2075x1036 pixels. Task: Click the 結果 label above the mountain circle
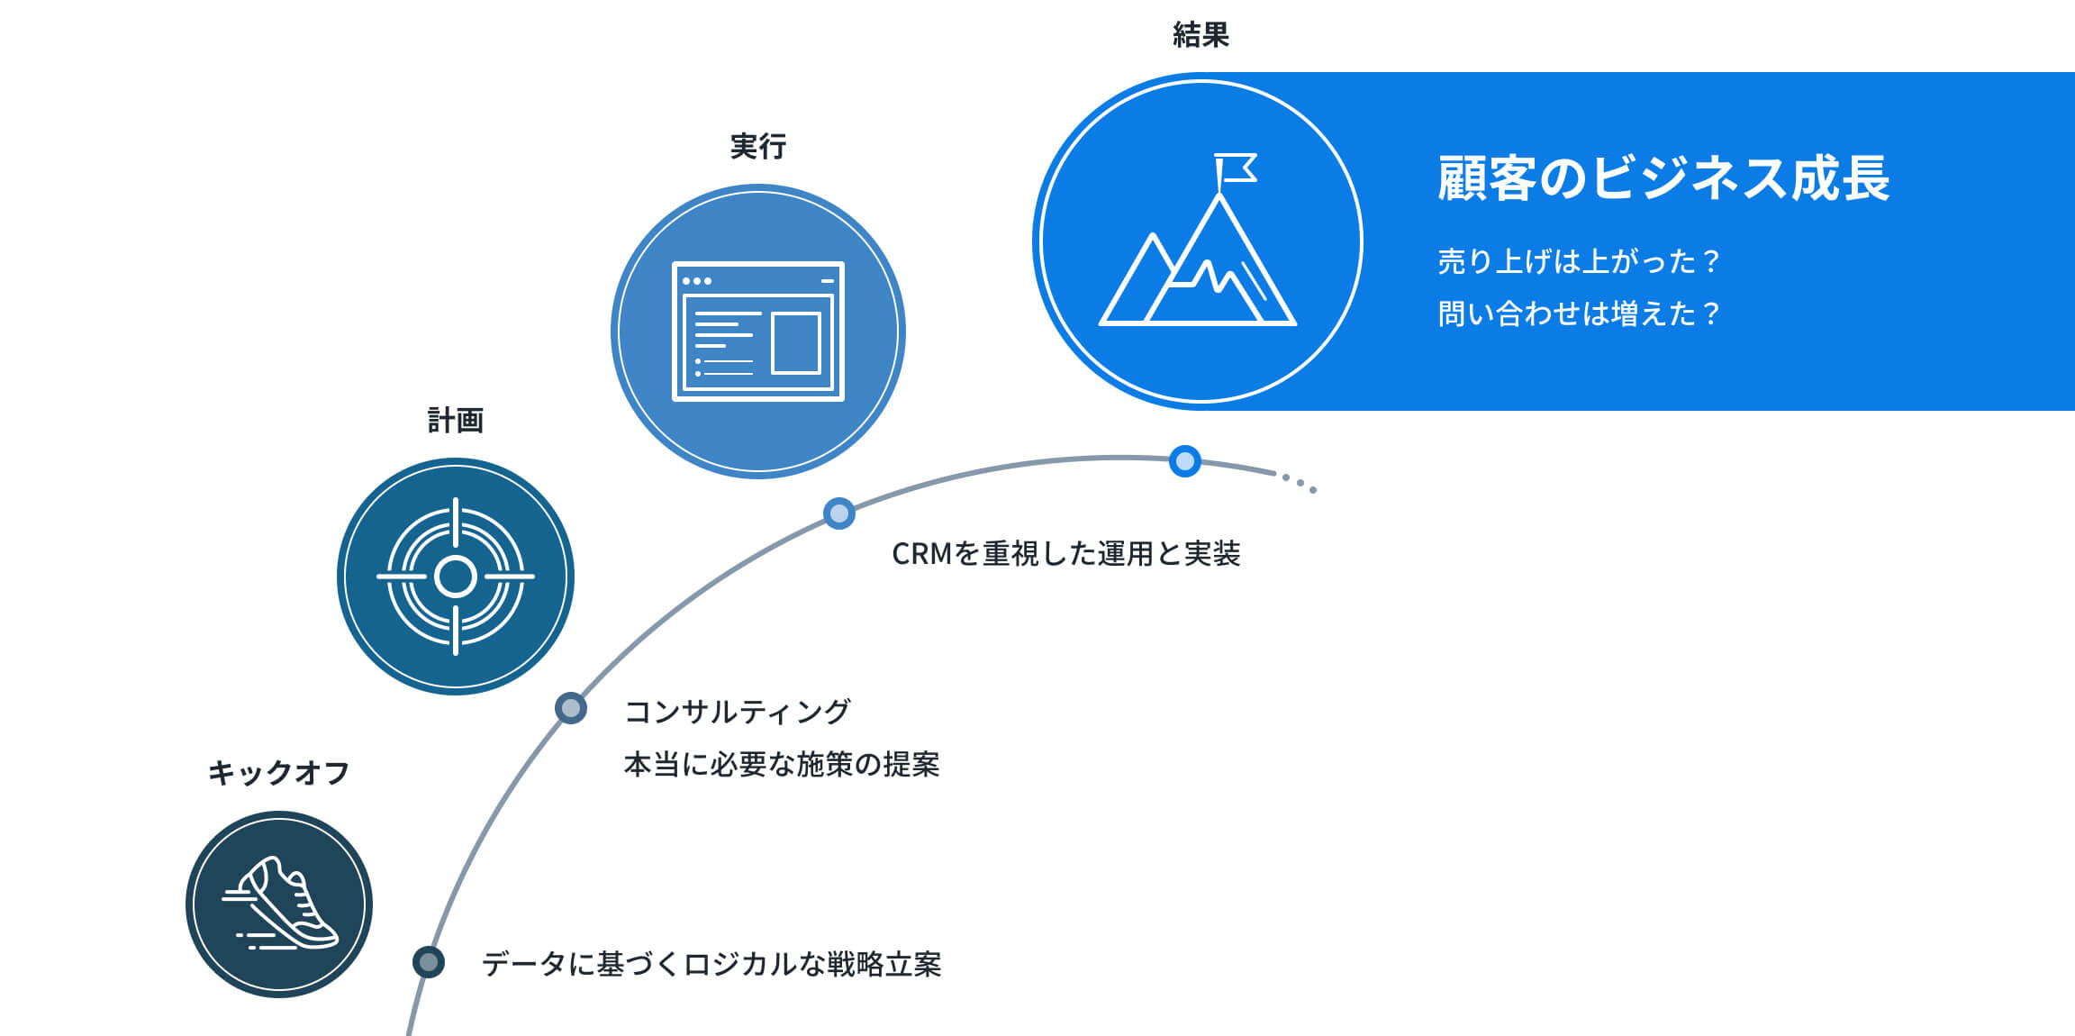point(1201,35)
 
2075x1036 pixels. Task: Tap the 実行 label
point(758,146)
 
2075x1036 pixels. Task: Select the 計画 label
point(456,420)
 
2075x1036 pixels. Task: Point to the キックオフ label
point(278,773)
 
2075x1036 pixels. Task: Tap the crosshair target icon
point(456,577)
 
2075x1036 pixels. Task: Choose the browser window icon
point(758,331)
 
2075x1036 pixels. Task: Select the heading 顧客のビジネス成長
point(1663,178)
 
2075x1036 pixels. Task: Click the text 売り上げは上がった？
point(1578,261)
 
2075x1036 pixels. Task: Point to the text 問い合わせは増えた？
point(1578,314)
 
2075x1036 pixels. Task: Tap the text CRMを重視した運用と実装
point(1065,553)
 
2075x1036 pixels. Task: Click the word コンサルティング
point(737,712)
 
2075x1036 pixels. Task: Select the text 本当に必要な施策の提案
point(781,764)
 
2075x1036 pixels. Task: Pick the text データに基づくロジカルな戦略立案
point(711,964)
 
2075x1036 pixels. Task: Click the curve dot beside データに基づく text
point(429,962)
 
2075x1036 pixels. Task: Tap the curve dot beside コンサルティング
point(571,708)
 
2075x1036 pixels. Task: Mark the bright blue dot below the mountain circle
point(1185,461)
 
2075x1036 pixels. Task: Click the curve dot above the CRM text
point(839,513)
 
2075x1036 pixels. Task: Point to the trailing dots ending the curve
point(1300,483)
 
